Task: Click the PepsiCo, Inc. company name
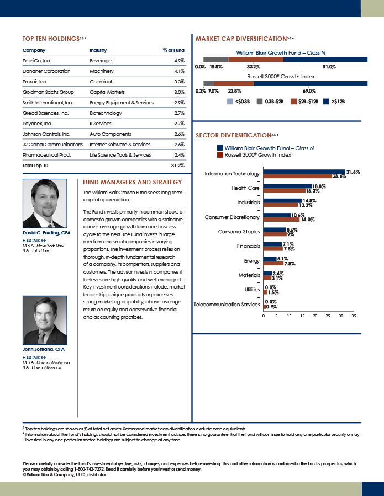click(37, 61)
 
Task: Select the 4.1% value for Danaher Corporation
click(179, 71)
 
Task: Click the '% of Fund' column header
click(173, 50)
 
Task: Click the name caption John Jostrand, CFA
click(44, 349)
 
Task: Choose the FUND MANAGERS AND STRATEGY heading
click(132, 182)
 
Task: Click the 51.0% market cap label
click(329, 67)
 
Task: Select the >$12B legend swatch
click(327, 102)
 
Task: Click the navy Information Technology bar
click(304, 172)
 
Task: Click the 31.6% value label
click(353, 172)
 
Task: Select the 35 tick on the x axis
click(354, 316)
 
